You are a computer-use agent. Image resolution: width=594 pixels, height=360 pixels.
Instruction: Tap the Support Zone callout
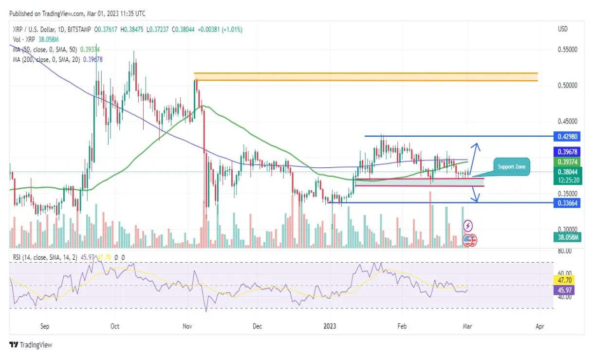point(511,167)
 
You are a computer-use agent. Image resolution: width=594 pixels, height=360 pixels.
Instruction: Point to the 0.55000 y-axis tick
point(567,50)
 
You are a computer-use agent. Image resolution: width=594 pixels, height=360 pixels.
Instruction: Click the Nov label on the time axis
point(187,326)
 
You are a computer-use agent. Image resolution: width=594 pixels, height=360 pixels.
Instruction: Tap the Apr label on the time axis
point(539,326)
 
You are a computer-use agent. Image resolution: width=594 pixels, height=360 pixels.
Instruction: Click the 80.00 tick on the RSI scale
point(565,251)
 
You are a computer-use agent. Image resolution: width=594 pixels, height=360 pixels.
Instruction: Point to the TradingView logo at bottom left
point(31,345)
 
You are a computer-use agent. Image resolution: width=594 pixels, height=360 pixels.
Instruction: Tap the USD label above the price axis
point(563,30)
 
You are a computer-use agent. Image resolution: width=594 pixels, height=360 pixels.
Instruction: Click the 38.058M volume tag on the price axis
point(566,237)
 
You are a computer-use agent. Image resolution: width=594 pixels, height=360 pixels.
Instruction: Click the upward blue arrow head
point(477,144)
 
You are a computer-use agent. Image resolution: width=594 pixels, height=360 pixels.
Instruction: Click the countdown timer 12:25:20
point(566,180)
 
